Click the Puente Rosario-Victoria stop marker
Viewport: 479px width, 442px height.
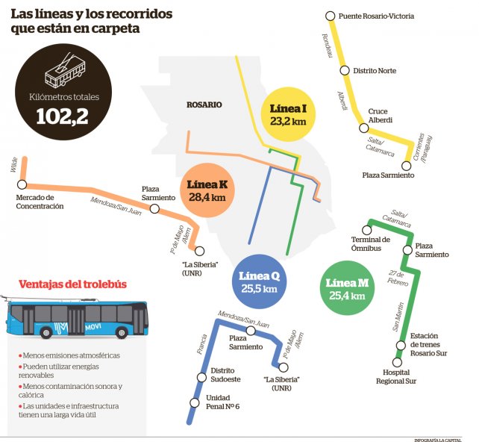pyautogui.click(x=331, y=16)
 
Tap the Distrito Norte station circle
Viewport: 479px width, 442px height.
pyautogui.click(x=345, y=71)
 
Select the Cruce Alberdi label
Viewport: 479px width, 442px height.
pyautogui.click(x=380, y=116)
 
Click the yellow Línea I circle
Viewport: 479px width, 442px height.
pyautogui.click(x=288, y=114)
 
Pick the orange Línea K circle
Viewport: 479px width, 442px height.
pyautogui.click(x=207, y=190)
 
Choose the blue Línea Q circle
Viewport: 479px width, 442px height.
pyautogui.click(x=259, y=281)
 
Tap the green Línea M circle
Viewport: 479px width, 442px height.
pyautogui.click(x=347, y=288)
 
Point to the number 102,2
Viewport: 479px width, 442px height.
pyautogui.click(x=63, y=116)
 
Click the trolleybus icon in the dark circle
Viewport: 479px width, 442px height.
pyautogui.click(x=65, y=71)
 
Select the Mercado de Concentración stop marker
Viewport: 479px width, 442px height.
pyautogui.click(x=22, y=184)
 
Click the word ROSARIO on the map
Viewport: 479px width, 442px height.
pyautogui.click(x=204, y=105)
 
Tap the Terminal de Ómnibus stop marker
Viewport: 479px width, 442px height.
pyautogui.click(x=366, y=230)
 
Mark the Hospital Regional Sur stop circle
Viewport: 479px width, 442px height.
pyautogui.click(x=397, y=363)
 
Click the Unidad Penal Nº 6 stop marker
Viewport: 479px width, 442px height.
pyautogui.click(x=195, y=403)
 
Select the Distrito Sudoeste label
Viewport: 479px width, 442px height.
pyautogui.click(x=225, y=375)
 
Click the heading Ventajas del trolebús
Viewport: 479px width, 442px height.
pyautogui.click(x=72, y=284)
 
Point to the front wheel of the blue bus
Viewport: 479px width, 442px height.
pyautogui.click(x=122, y=332)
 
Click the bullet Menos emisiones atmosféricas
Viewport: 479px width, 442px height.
pyautogui.click(x=69, y=355)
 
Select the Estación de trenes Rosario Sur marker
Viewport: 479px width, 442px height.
pyautogui.click(x=401, y=346)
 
